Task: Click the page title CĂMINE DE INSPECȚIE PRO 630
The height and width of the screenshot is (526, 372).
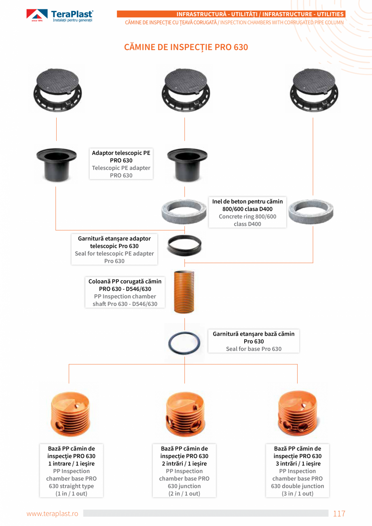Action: point(186,47)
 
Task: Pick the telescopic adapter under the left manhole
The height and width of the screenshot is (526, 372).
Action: point(56,165)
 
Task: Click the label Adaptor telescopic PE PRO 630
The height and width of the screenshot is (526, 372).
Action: point(121,164)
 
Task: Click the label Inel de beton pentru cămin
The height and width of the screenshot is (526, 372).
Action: point(247,213)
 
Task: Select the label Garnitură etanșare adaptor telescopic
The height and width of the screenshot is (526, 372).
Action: point(114,250)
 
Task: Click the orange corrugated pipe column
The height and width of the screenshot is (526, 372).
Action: point(184,292)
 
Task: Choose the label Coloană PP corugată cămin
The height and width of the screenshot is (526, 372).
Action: point(125,292)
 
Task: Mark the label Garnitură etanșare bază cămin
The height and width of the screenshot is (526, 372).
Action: point(254,341)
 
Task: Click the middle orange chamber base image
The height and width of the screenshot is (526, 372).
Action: point(184,414)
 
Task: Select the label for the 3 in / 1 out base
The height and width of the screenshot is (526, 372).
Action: point(297,471)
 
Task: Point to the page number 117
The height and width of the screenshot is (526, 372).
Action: point(339,514)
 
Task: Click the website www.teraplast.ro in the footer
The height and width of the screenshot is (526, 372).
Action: point(53,514)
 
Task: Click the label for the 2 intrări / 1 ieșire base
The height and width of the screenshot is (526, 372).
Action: point(184,471)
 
